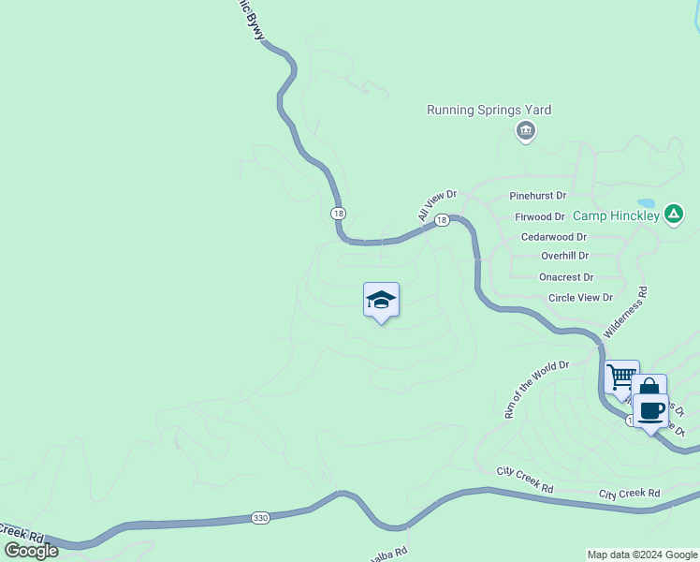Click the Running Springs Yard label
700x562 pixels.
tap(489, 110)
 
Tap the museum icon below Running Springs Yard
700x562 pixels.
tap(526, 130)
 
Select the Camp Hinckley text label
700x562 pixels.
tap(616, 215)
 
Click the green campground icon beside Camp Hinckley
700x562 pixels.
tap(673, 214)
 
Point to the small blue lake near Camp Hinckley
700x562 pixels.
tap(647, 202)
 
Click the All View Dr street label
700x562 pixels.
tap(436, 206)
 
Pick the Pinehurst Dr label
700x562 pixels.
tap(537, 196)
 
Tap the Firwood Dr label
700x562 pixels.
tap(540, 216)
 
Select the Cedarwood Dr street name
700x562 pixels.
tap(553, 237)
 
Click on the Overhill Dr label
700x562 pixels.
tap(564, 255)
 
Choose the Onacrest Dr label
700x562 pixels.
tap(566, 277)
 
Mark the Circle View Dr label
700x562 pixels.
tap(580, 298)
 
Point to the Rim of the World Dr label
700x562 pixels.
tap(537, 389)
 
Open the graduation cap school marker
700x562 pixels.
tap(381, 300)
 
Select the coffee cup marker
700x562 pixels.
tap(650, 409)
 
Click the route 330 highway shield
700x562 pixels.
tap(262, 517)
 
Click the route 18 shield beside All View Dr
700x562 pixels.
tap(443, 219)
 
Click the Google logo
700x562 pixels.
tap(31, 551)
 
